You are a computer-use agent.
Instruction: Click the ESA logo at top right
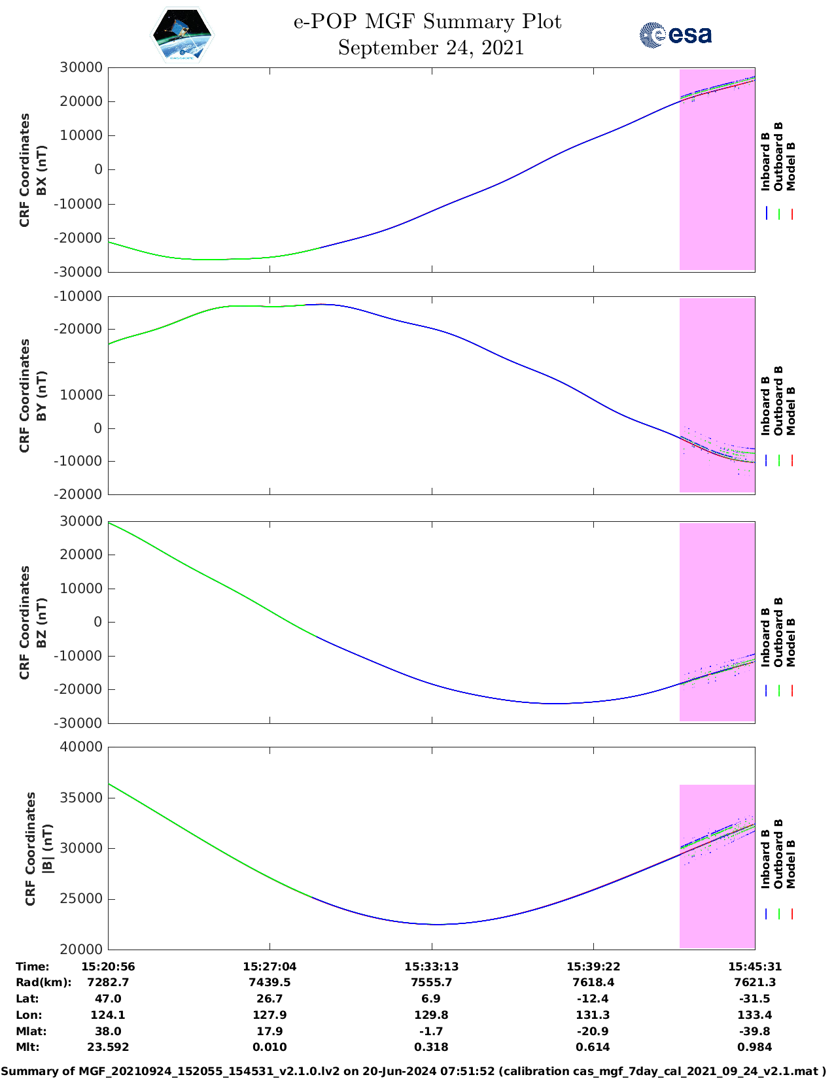(x=676, y=35)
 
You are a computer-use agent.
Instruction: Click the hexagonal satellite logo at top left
(x=182, y=35)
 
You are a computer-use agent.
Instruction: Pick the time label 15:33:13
(x=431, y=967)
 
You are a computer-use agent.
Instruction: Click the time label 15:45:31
(x=755, y=967)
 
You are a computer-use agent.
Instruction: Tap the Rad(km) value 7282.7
(x=108, y=982)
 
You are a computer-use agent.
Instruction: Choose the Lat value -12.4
(x=593, y=999)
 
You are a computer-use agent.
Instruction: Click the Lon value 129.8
(x=431, y=1015)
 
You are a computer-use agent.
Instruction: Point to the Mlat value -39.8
(x=755, y=1031)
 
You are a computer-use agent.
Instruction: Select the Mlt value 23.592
(x=108, y=1047)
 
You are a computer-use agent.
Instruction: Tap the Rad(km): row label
(x=43, y=982)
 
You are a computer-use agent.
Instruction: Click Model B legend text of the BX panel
(x=791, y=166)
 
